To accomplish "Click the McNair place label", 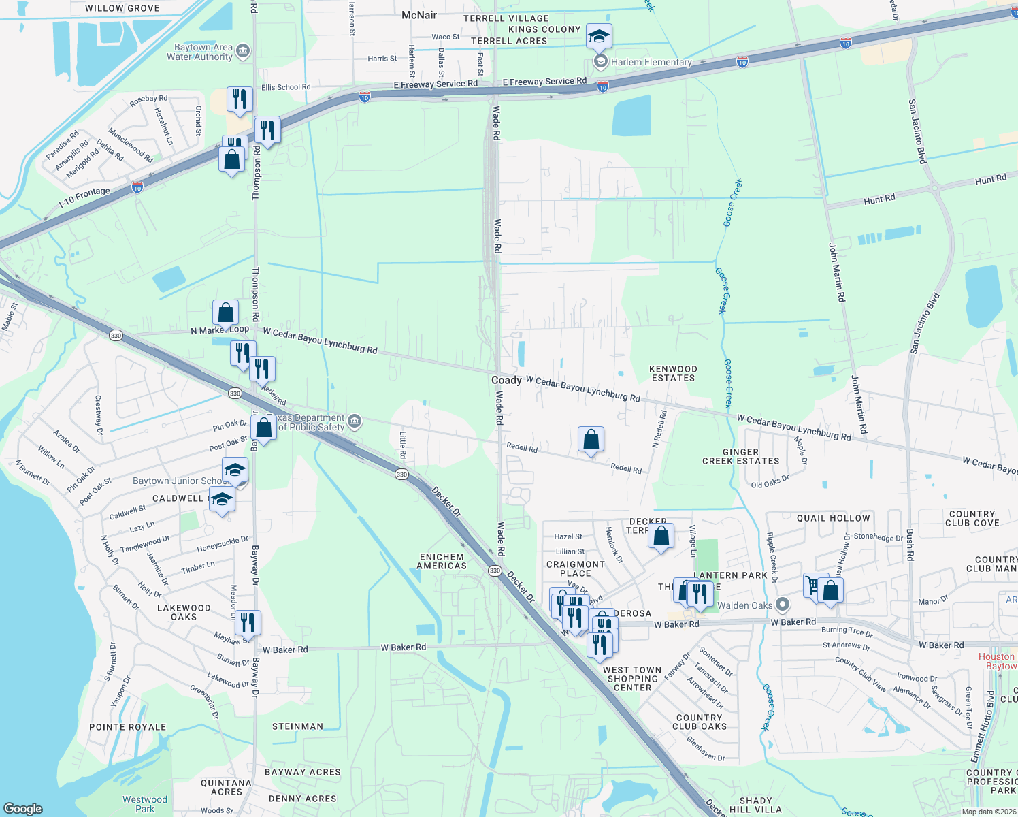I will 419,15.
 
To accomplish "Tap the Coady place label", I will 506,380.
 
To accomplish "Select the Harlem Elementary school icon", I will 600,63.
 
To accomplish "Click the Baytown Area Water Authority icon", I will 243,52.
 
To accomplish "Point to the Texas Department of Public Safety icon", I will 354,422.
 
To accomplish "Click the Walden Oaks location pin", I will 783,605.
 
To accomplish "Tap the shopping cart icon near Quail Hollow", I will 812,585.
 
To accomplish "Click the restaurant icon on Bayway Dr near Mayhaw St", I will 247,622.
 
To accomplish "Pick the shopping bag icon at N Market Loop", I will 225,313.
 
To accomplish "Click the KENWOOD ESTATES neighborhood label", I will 674,373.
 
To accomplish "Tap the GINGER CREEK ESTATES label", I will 740,456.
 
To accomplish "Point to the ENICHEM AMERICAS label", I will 442,561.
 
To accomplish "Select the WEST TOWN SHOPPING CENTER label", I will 632,679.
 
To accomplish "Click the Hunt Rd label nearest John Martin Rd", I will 879,199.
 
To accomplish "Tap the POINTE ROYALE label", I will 128,727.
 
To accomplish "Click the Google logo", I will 23,809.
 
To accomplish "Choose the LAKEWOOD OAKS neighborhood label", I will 184,612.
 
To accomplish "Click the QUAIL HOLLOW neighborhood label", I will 834,518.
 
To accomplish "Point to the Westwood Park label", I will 145,804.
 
